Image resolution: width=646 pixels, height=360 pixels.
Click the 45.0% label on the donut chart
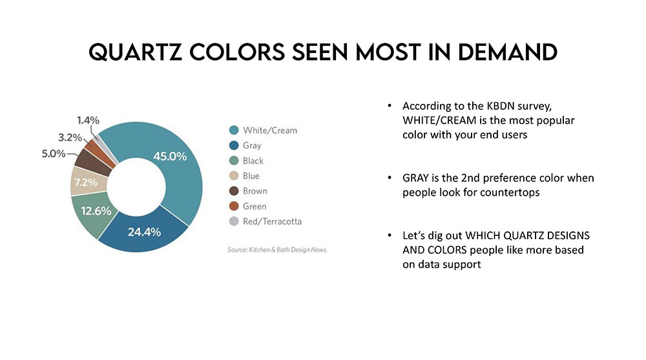(170, 156)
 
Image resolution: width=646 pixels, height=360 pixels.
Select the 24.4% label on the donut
(144, 232)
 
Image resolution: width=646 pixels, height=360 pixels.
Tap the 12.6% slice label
(96, 210)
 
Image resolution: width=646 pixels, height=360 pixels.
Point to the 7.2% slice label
(85, 182)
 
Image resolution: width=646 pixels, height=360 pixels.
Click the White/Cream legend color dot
(234, 131)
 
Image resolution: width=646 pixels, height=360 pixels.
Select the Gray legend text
(252, 145)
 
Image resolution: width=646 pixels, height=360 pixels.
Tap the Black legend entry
(253, 161)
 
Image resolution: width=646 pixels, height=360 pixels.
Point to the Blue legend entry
(251, 176)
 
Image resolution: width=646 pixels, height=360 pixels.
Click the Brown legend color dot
(234, 191)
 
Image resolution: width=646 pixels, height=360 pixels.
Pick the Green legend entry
(254, 206)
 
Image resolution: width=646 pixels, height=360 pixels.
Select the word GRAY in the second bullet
(416, 178)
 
